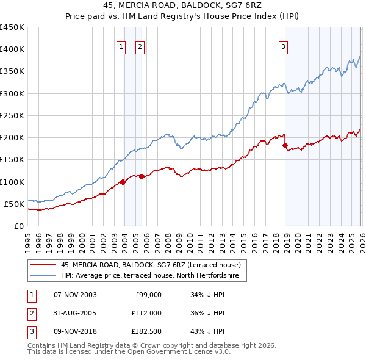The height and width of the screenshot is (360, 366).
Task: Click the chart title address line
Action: click(182, 5)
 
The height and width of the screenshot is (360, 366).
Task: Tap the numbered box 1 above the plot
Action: click(121, 47)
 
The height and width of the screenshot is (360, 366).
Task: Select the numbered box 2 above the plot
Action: click(140, 47)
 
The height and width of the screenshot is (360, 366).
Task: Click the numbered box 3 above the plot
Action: click(284, 47)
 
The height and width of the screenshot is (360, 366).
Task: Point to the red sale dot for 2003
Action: click(123, 182)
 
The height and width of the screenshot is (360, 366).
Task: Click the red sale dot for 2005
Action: click(142, 176)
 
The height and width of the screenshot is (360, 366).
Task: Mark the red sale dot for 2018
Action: click(285, 145)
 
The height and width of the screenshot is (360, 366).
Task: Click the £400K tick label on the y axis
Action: click(12, 49)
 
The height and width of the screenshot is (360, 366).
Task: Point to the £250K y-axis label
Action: click(12, 115)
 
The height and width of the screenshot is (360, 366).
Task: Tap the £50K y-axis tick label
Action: click(14, 204)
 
